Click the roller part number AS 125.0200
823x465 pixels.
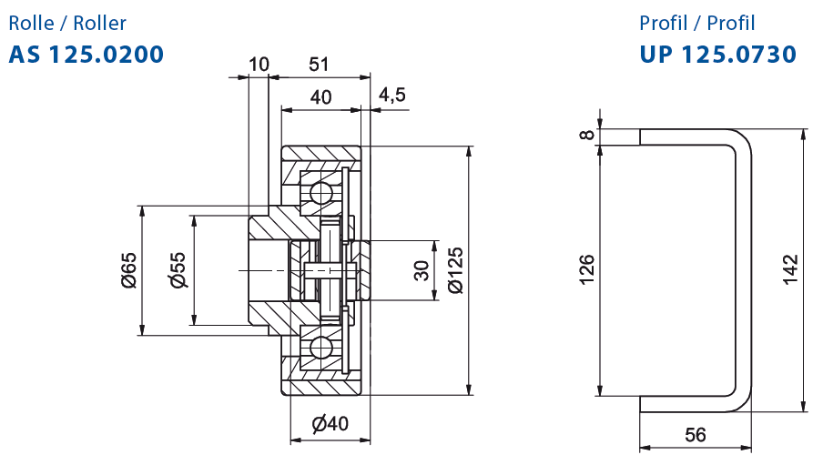(86, 54)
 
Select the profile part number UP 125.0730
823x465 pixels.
(717, 54)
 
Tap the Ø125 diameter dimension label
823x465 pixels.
(455, 270)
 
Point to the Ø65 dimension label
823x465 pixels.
(128, 270)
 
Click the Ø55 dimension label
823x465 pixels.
(178, 270)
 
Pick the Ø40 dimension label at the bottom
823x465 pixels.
(330, 423)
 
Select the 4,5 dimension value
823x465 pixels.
(392, 95)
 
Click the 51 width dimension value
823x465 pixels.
(319, 64)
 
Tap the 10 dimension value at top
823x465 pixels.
(259, 64)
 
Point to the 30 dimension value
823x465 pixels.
(422, 270)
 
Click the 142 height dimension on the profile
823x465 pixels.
(790, 269)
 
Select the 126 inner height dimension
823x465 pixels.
(587, 269)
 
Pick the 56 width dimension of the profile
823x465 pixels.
(696, 435)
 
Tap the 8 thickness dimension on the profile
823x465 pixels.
(587, 135)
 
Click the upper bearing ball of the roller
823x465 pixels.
(320, 193)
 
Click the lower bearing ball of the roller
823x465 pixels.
(320, 348)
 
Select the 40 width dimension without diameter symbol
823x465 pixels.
(320, 97)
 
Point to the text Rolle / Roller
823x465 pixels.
(67, 23)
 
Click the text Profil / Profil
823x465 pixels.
(697, 23)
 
